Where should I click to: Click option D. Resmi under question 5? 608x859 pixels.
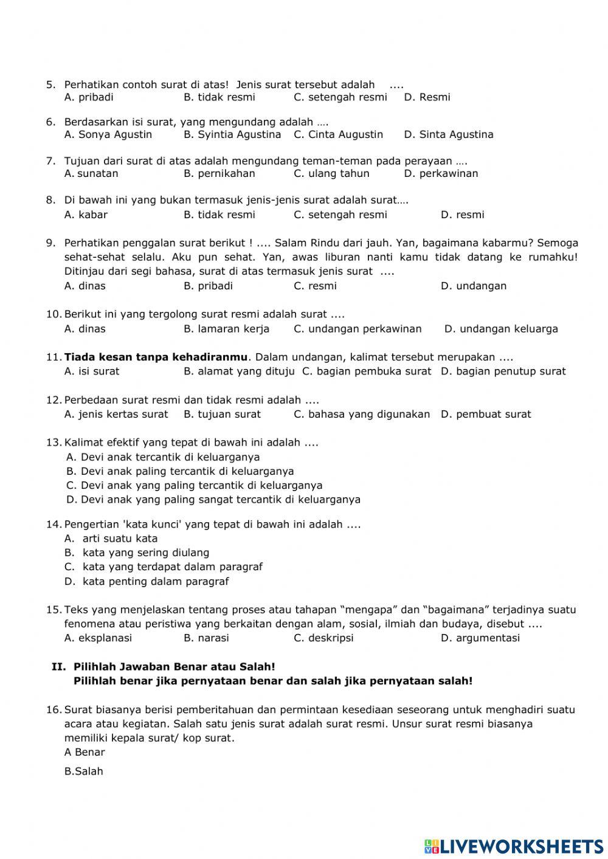click(427, 97)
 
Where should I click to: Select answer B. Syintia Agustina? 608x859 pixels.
click(232, 134)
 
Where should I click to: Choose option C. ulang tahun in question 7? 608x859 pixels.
click(331, 173)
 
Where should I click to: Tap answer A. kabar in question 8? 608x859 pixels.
click(86, 215)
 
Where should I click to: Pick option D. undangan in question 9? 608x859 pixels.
click(473, 286)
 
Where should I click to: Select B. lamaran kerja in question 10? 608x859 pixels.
click(226, 329)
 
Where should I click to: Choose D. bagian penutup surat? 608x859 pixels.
click(503, 371)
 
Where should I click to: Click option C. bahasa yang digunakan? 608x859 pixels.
click(361, 414)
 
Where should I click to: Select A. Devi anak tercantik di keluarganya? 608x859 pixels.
click(162, 457)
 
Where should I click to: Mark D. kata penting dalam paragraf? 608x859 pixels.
click(147, 581)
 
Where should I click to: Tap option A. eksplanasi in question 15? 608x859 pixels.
click(98, 638)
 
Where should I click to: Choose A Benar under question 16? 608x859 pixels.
click(85, 752)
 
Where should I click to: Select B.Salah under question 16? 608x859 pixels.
click(84, 771)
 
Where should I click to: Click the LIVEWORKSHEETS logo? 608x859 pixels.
click(514, 846)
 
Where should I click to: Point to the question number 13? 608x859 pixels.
click(54, 443)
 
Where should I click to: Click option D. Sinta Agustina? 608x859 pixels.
click(448, 134)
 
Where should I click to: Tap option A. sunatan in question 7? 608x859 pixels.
click(91, 173)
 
